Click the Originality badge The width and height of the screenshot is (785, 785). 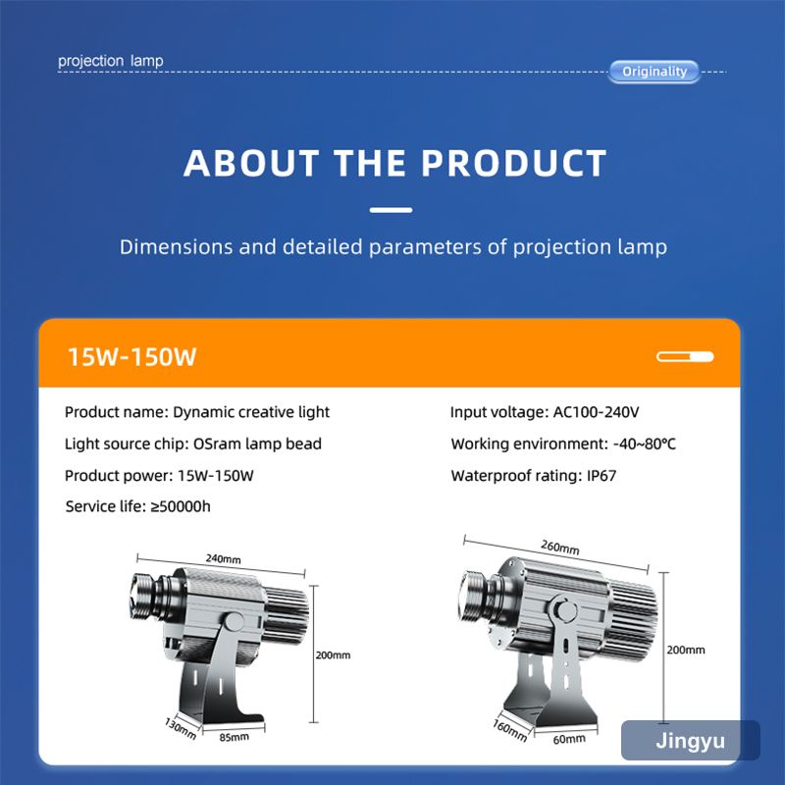(x=654, y=72)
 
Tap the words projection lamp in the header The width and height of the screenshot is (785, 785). (x=111, y=61)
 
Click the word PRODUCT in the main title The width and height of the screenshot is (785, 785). (x=513, y=163)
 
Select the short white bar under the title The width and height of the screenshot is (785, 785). (x=391, y=210)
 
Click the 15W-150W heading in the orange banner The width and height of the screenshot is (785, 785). (x=131, y=357)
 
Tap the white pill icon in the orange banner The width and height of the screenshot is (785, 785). (x=685, y=357)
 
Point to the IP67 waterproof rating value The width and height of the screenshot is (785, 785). (x=602, y=476)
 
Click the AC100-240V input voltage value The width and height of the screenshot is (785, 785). (x=596, y=412)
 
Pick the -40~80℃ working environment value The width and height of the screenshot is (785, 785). (x=644, y=445)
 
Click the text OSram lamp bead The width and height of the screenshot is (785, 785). (x=257, y=445)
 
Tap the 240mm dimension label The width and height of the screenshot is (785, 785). (x=224, y=558)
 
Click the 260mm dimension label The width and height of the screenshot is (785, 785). (x=559, y=548)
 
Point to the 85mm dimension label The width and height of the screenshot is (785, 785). (x=234, y=737)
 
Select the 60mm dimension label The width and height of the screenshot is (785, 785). (x=569, y=739)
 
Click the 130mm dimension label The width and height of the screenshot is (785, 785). (x=181, y=728)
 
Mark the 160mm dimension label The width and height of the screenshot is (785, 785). (x=509, y=730)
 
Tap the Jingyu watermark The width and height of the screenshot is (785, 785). (x=691, y=741)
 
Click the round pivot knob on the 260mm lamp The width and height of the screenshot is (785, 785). (x=566, y=610)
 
